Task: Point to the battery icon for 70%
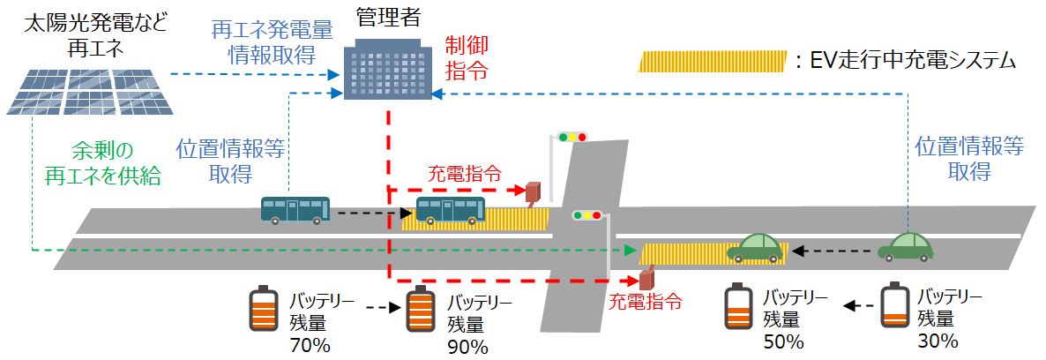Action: (x=263, y=308)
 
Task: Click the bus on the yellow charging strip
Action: (x=450, y=211)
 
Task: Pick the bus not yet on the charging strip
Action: (x=295, y=210)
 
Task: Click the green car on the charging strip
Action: (x=755, y=248)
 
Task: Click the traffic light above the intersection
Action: (x=572, y=137)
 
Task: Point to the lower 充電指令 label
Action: (x=646, y=301)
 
